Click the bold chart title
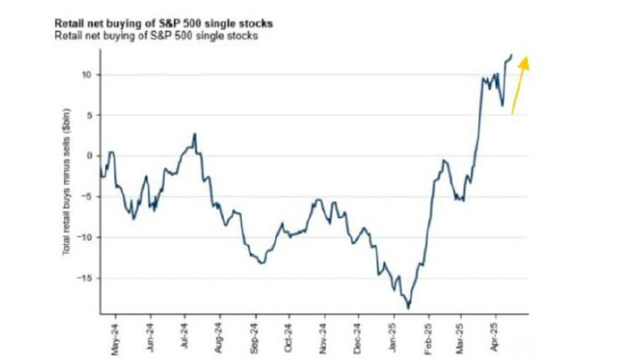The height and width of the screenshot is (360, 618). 164,23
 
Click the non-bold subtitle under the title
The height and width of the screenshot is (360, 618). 156,36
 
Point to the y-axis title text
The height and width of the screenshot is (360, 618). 66,182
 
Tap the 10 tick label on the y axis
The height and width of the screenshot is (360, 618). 87,74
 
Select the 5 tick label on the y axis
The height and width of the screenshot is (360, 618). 89,115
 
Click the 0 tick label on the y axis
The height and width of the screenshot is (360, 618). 89,156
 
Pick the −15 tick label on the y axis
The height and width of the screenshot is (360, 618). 85,278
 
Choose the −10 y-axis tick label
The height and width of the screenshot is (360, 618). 85,237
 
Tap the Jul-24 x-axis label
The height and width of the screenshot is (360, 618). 185,337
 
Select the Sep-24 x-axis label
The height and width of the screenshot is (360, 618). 255,338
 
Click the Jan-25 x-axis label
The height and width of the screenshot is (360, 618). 393,338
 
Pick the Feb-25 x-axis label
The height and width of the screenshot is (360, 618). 429,338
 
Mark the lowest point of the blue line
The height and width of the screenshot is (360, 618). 409,308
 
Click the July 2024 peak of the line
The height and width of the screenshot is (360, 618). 195,134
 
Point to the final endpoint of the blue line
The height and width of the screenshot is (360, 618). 511,54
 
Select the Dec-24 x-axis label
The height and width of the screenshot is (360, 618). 358,338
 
